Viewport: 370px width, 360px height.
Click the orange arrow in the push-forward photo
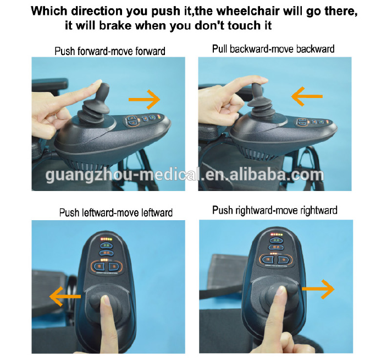[x=144, y=99]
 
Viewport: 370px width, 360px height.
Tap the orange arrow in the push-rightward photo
[x=318, y=288]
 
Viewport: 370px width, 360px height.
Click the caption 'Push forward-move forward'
[x=110, y=51]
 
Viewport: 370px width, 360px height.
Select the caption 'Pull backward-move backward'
[x=273, y=49]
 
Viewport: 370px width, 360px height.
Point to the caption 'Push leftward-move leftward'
[x=115, y=212]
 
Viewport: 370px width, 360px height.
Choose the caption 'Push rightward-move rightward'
[x=274, y=210]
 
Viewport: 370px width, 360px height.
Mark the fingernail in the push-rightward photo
[x=280, y=294]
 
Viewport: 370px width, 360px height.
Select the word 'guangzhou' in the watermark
[x=89, y=175]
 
